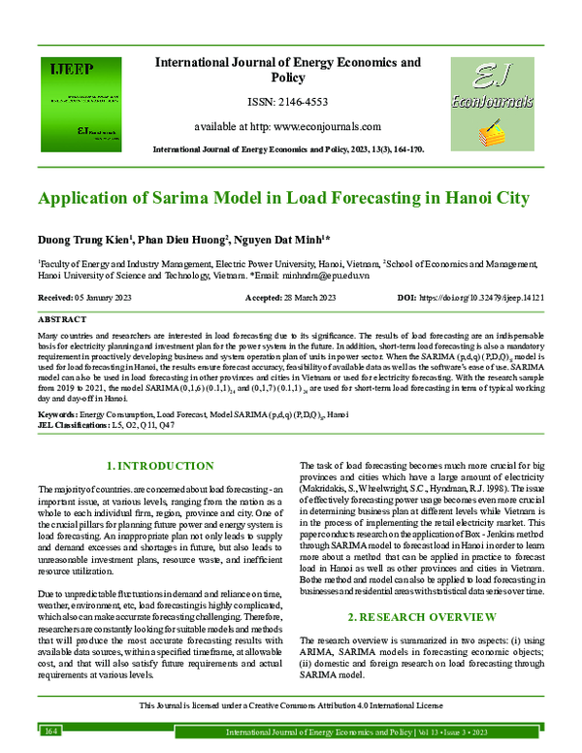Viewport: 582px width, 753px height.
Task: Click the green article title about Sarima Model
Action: point(283,198)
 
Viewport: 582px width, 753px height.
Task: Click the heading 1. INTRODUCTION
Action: point(159,466)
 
